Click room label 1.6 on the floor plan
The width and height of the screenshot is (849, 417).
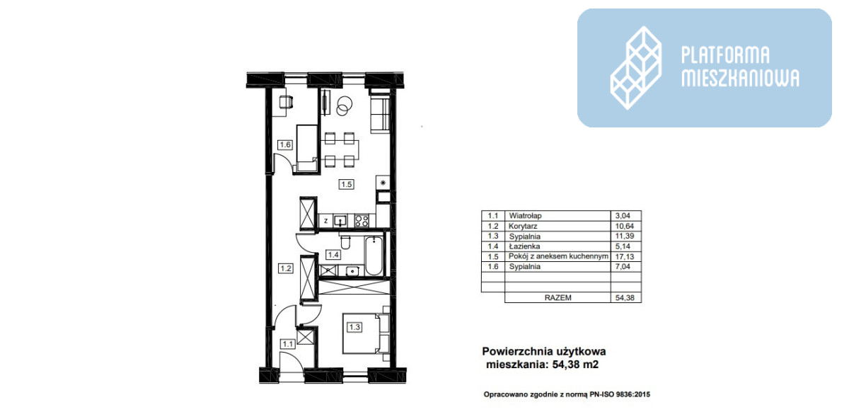click(x=285, y=144)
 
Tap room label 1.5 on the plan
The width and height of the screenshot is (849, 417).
click(x=347, y=184)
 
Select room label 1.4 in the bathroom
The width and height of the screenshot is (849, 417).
click(x=333, y=255)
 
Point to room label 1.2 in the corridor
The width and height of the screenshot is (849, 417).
click(x=285, y=268)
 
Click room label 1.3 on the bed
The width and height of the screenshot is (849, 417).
click(x=354, y=326)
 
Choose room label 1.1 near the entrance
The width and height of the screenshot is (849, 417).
click(x=288, y=344)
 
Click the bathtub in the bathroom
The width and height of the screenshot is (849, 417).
click(x=374, y=256)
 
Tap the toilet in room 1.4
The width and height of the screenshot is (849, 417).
click(x=346, y=241)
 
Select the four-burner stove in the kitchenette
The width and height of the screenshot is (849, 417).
click(x=362, y=220)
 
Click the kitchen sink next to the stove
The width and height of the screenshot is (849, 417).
click(x=340, y=220)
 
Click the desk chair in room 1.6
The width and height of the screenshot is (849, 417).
click(x=286, y=102)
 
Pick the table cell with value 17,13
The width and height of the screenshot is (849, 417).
click(x=625, y=256)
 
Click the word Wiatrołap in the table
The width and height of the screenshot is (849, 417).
click(x=525, y=215)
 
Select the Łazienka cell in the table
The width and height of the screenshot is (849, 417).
click(x=524, y=246)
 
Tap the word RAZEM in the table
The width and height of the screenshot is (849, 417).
click(x=558, y=298)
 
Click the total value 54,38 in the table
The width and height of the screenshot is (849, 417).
click(x=625, y=298)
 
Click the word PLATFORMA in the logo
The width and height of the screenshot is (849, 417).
click(x=725, y=55)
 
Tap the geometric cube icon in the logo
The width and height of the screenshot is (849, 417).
click(x=635, y=68)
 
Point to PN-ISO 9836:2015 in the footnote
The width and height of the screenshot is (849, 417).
click(x=620, y=394)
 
